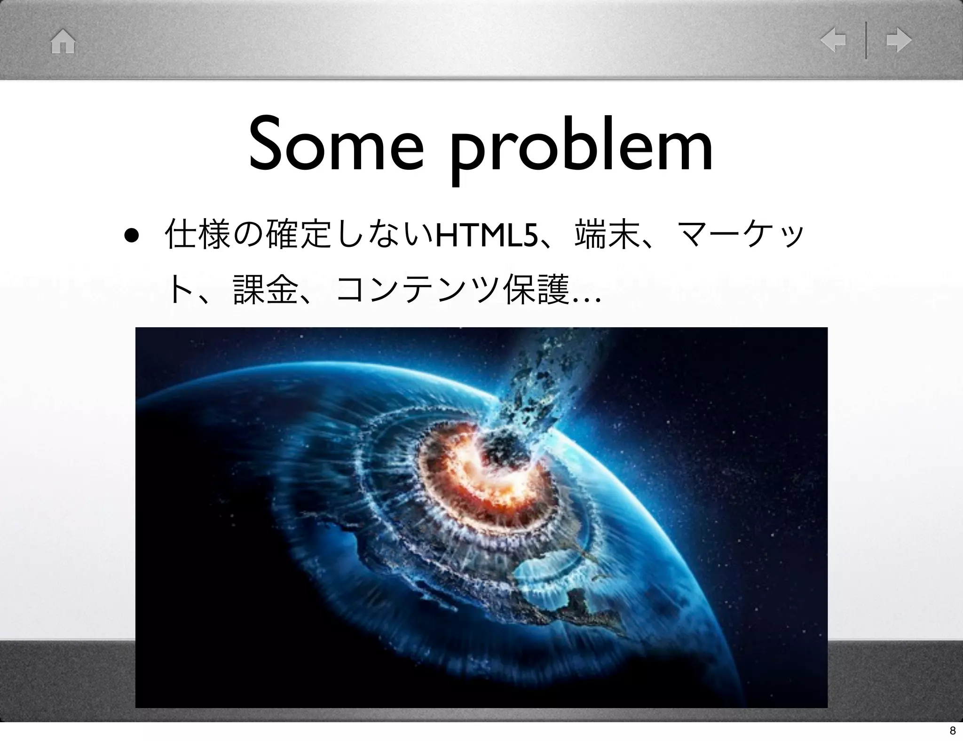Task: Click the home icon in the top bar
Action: tap(63, 42)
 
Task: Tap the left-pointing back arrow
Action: tap(833, 40)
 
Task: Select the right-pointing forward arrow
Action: tap(899, 40)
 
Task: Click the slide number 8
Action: tap(952, 730)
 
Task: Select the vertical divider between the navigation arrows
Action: tap(866, 40)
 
